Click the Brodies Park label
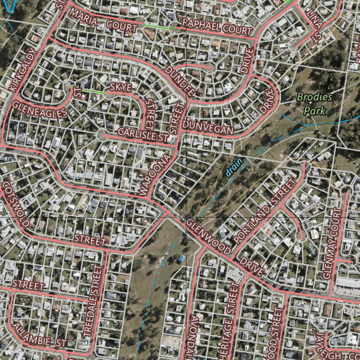[x=314, y=104]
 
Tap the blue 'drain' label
[x=234, y=167]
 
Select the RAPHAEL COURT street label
[x=217, y=27]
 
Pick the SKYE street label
[x=121, y=88]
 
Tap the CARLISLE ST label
[x=143, y=135]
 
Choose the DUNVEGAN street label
[x=208, y=127]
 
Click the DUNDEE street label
[x=180, y=81]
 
